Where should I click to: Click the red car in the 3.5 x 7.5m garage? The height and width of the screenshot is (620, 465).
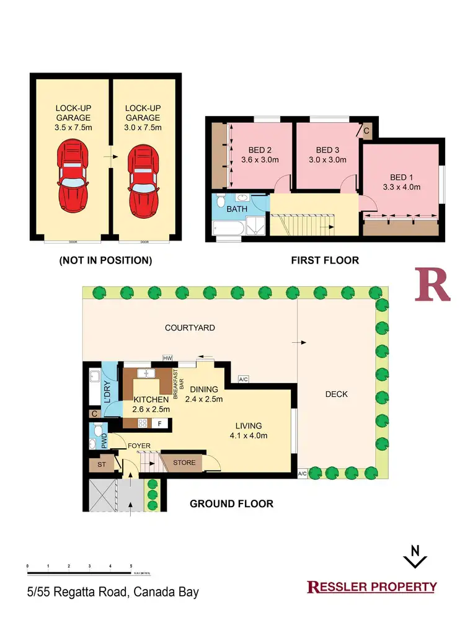pos(73,174)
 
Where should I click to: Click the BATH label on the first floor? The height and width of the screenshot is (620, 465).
pos(236,209)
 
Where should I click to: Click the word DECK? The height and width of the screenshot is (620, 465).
pos(336,394)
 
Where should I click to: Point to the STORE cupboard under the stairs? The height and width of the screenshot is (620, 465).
pos(184,463)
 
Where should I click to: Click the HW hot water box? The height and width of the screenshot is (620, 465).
pos(167,358)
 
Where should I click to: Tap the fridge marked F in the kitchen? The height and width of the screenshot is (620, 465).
pos(160,424)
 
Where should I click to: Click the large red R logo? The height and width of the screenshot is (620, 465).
pos(432,286)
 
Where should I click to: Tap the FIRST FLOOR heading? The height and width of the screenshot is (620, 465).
pos(325,260)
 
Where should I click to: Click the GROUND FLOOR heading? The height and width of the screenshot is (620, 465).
pos(231,503)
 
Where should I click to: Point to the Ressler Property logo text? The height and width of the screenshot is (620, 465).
pos(372,587)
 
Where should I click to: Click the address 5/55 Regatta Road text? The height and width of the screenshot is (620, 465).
pos(113,591)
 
